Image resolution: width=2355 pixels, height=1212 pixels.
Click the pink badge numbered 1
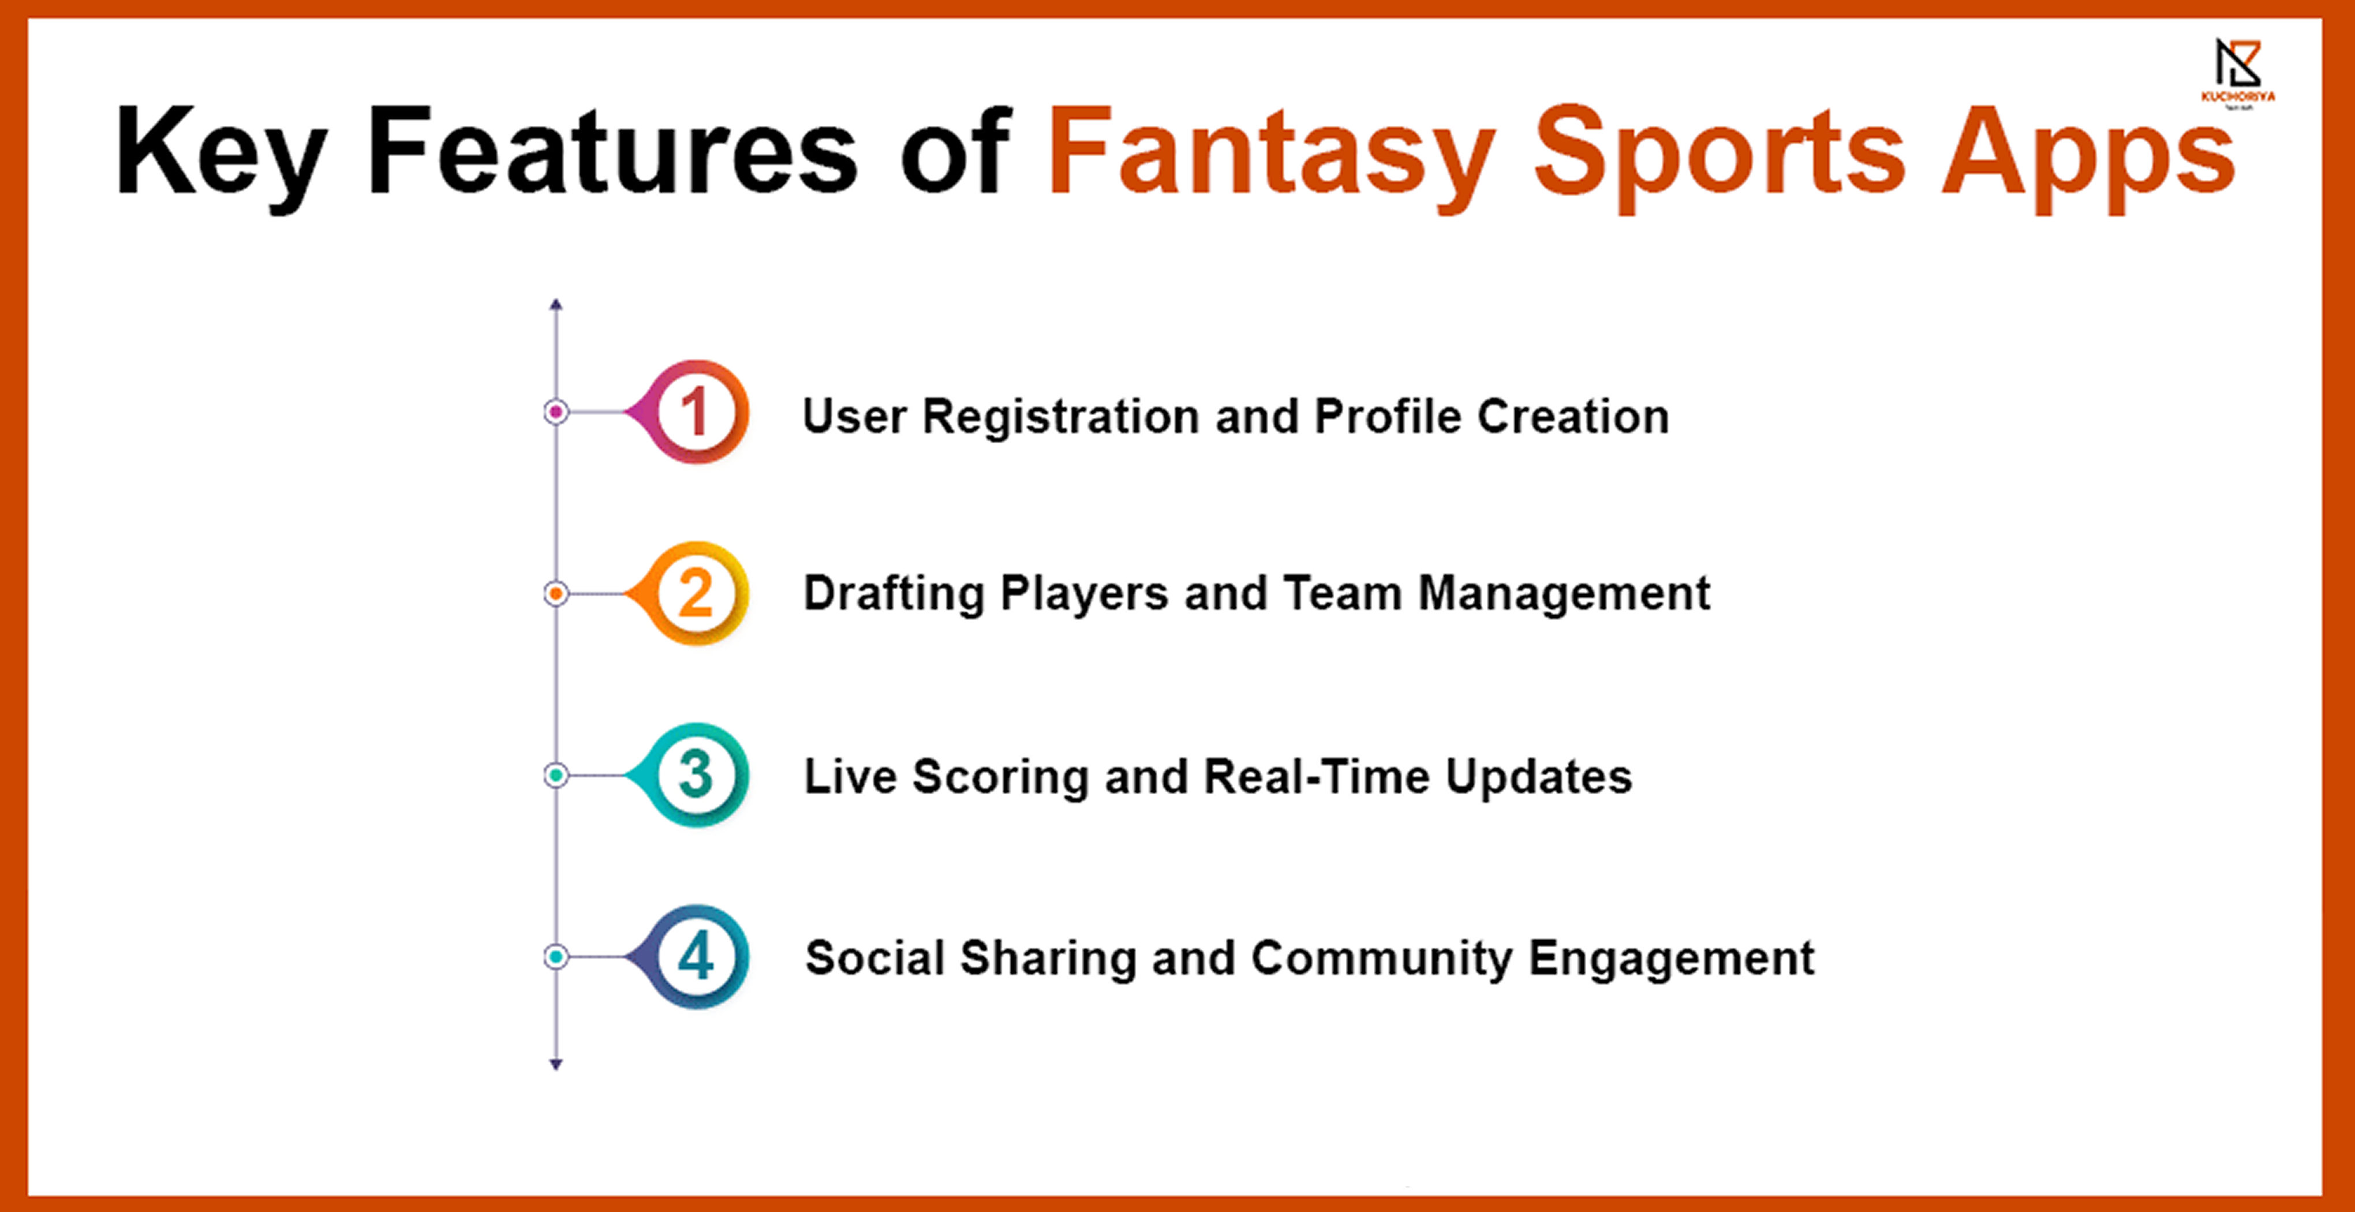(689, 412)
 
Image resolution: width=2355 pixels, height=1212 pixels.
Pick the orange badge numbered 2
(689, 593)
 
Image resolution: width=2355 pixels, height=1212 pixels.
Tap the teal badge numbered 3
(689, 775)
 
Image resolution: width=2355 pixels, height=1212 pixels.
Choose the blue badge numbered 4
(689, 957)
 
